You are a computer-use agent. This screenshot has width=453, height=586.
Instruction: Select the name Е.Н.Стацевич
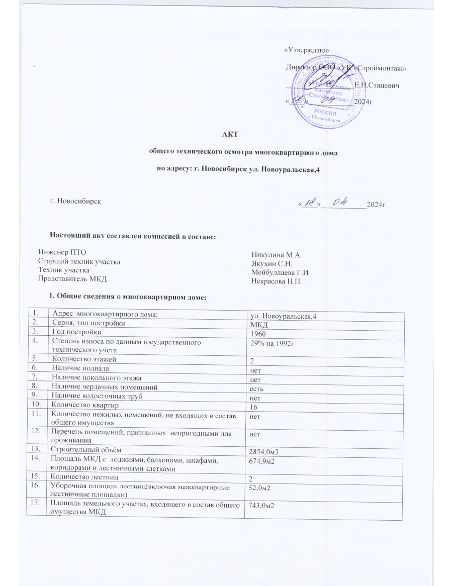tap(377, 86)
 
